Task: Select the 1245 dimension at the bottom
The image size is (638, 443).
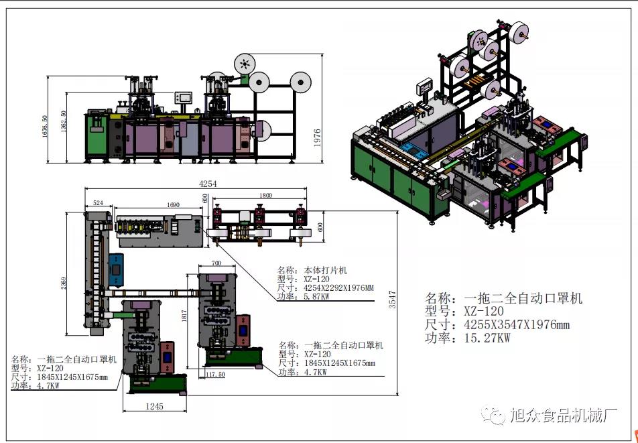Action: click(x=155, y=406)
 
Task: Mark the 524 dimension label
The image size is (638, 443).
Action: click(x=98, y=202)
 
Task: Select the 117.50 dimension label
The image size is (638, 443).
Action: click(x=215, y=374)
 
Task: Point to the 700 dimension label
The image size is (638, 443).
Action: click(x=216, y=263)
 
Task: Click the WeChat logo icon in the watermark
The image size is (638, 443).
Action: click(x=497, y=416)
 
